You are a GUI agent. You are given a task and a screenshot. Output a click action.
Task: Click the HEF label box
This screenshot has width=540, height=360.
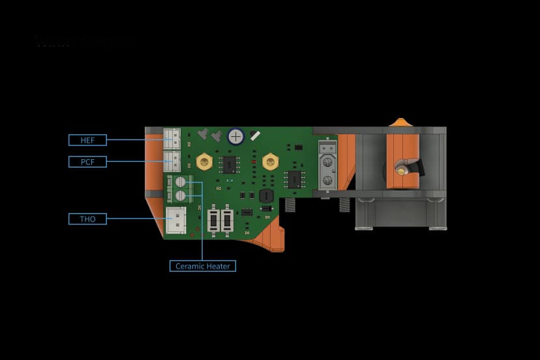[87, 140]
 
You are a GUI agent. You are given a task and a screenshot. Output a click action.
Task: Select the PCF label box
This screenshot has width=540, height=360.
[87, 161]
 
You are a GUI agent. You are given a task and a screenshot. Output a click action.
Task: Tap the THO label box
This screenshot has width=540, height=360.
[87, 219]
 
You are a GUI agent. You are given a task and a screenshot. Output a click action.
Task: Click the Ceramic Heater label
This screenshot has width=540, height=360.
[203, 266]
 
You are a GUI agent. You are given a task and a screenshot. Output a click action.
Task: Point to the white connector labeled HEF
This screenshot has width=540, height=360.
[172, 138]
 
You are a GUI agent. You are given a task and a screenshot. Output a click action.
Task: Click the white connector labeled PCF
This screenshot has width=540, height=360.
[172, 160]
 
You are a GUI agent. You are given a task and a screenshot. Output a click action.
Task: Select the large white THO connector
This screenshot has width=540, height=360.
[175, 220]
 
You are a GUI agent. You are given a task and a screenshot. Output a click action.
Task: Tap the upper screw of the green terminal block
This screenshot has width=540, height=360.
[181, 183]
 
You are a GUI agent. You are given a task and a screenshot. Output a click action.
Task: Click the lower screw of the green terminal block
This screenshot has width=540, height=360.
[181, 195]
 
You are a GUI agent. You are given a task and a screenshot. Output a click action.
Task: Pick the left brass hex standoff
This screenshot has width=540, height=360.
[204, 161]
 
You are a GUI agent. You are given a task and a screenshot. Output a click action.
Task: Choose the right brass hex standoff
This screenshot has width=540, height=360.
[270, 161]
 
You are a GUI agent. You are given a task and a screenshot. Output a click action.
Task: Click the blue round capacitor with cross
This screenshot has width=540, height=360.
[235, 136]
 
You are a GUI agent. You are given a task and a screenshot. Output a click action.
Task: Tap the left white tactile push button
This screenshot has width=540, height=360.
[213, 220]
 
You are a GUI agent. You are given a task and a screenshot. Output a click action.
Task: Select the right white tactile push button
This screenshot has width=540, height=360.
[227, 220]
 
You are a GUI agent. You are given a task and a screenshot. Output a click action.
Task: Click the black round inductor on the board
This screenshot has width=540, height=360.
[266, 196]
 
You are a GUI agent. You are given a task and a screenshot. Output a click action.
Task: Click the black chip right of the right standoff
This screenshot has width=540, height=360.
[295, 179]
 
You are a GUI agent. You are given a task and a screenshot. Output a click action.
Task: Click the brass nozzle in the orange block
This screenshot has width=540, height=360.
[400, 170]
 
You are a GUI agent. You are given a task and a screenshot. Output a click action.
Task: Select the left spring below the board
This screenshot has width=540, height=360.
[290, 205]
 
